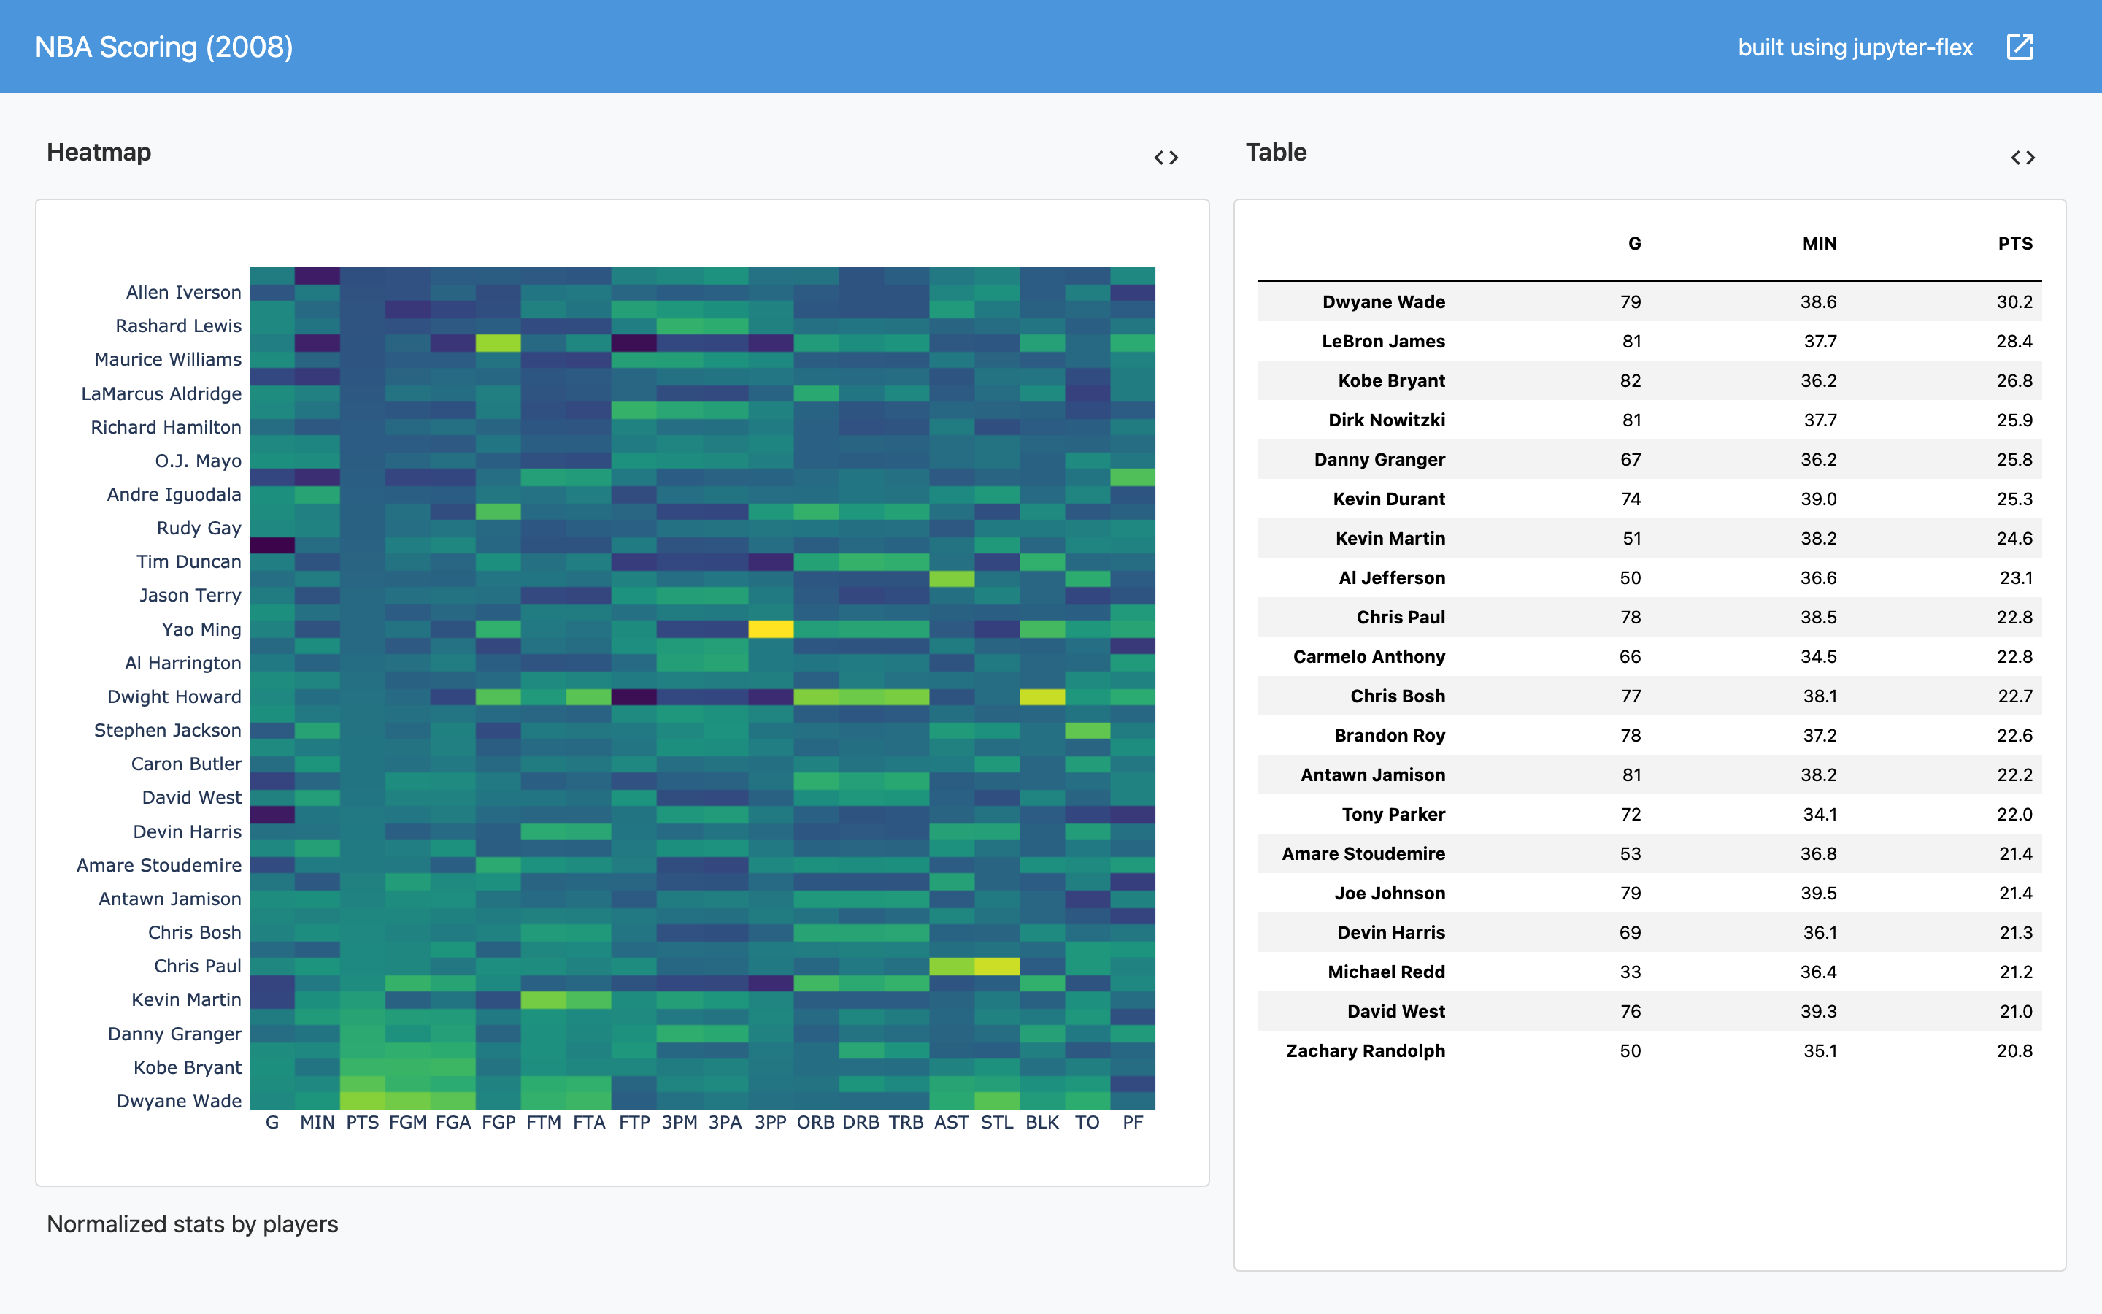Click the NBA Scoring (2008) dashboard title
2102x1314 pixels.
pyautogui.click(x=163, y=47)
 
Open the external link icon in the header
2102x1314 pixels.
pyautogui.click(x=2020, y=47)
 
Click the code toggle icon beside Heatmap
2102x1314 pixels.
pyautogui.click(x=1166, y=157)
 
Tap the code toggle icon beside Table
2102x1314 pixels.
pyautogui.click(x=2022, y=157)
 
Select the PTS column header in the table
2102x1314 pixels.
pyautogui.click(x=2014, y=243)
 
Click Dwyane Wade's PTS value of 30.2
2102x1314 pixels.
pyautogui.click(x=2014, y=301)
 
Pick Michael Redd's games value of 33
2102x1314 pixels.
pyautogui.click(x=1631, y=972)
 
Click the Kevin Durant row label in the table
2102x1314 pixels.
pyautogui.click(x=1389, y=499)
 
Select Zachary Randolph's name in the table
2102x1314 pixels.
pyautogui.click(x=1366, y=1050)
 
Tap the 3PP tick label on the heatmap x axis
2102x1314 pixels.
pyautogui.click(x=769, y=1122)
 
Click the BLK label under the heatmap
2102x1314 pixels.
pyautogui.click(x=1042, y=1122)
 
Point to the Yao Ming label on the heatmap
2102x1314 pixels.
pyautogui.click(x=201, y=629)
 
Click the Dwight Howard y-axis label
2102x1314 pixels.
pyautogui.click(x=174, y=696)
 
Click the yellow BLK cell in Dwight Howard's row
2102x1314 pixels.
pyautogui.click(x=1042, y=697)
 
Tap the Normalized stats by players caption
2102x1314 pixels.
pyautogui.click(x=192, y=1223)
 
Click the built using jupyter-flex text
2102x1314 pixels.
pyautogui.click(x=1855, y=47)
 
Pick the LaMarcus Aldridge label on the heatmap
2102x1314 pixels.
pyautogui.click(x=161, y=393)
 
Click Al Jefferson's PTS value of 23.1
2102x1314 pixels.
pyautogui.click(x=2015, y=578)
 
